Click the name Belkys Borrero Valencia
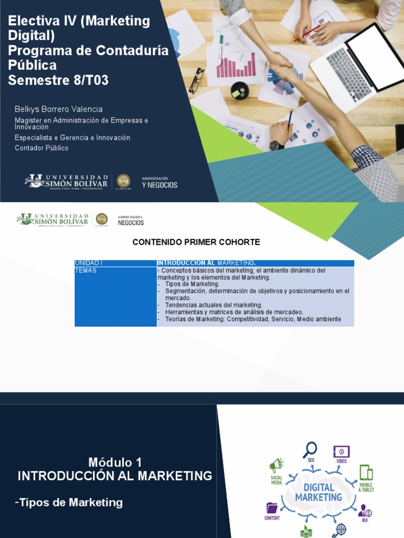point(58,109)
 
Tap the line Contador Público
point(42,148)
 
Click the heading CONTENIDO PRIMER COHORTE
point(196,242)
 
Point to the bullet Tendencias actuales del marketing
point(213,305)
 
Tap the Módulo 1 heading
point(115,462)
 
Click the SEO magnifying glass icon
point(310,450)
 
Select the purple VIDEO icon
point(341,452)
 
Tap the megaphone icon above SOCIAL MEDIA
point(276,465)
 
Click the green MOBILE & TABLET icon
point(366,473)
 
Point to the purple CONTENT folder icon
point(272,508)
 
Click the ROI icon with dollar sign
point(365,510)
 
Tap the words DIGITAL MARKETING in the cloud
point(318,492)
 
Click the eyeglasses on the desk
point(197,80)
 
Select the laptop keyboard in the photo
point(348,73)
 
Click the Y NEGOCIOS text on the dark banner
point(159,185)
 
